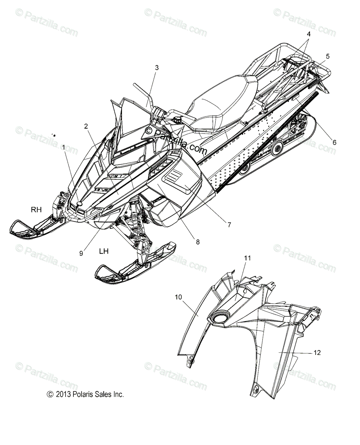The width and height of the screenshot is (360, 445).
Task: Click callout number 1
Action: point(63,147)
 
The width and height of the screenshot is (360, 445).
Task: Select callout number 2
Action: point(86,126)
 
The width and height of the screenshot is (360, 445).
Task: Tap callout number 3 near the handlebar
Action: point(146,67)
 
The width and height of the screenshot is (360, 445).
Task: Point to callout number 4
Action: point(308,34)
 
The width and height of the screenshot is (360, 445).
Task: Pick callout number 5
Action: point(327,56)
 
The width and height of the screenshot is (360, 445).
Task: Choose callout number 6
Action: point(334,142)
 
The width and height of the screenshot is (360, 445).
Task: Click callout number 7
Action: point(229,225)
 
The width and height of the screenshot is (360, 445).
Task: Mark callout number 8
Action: point(198,242)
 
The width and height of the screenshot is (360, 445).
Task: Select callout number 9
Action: point(81,254)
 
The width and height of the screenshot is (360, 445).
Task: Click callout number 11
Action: point(248,258)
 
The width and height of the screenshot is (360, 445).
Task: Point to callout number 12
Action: point(317,352)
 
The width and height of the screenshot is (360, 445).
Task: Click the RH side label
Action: point(36,210)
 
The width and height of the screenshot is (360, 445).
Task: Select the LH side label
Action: point(104,251)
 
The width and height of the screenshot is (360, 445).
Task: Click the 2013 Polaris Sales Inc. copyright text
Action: point(85,395)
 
